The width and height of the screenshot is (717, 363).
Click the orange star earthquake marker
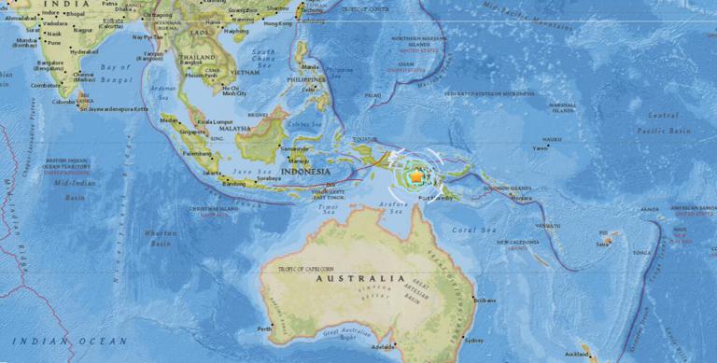(415, 175)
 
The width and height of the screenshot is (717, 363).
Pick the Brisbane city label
(485, 300)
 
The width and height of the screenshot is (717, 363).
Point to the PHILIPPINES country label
(314, 81)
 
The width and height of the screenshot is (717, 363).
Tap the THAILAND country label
(198, 58)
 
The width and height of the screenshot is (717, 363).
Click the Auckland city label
(577, 355)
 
